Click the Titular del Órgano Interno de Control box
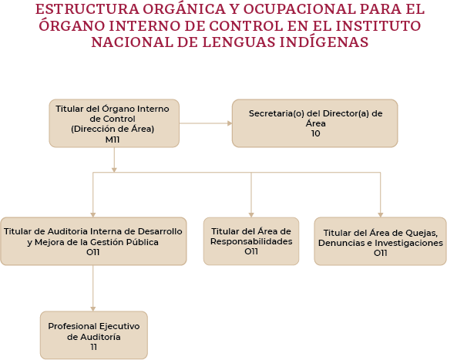click(x=114, y=123)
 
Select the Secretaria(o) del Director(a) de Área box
click(x=314, y=123)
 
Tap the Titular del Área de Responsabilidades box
click(x=251, y=241)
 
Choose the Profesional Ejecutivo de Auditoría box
click(x=94, y=335)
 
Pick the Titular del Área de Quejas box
click(x=381, y=241)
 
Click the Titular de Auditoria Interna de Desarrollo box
click(x=93, y=241)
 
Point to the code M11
click(x=113, y=140)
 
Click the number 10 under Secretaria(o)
click(x=316, y=133)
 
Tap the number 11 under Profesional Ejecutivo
click(x=93, y=347)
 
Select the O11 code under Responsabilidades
click(x=251, y=251)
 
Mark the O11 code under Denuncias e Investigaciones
click(x=381, y=253)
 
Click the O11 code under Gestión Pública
click(x=93, y=252)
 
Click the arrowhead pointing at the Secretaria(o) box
click(x=230, y=123)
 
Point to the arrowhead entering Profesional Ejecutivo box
click(x=93, y=309)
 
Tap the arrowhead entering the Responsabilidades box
click(x=251, y=215)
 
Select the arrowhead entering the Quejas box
click(x=381, y=215)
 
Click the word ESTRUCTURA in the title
click(x=87, y=9)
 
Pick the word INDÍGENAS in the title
click(x=324, y=42)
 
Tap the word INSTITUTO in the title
click(x=378, y=25)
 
